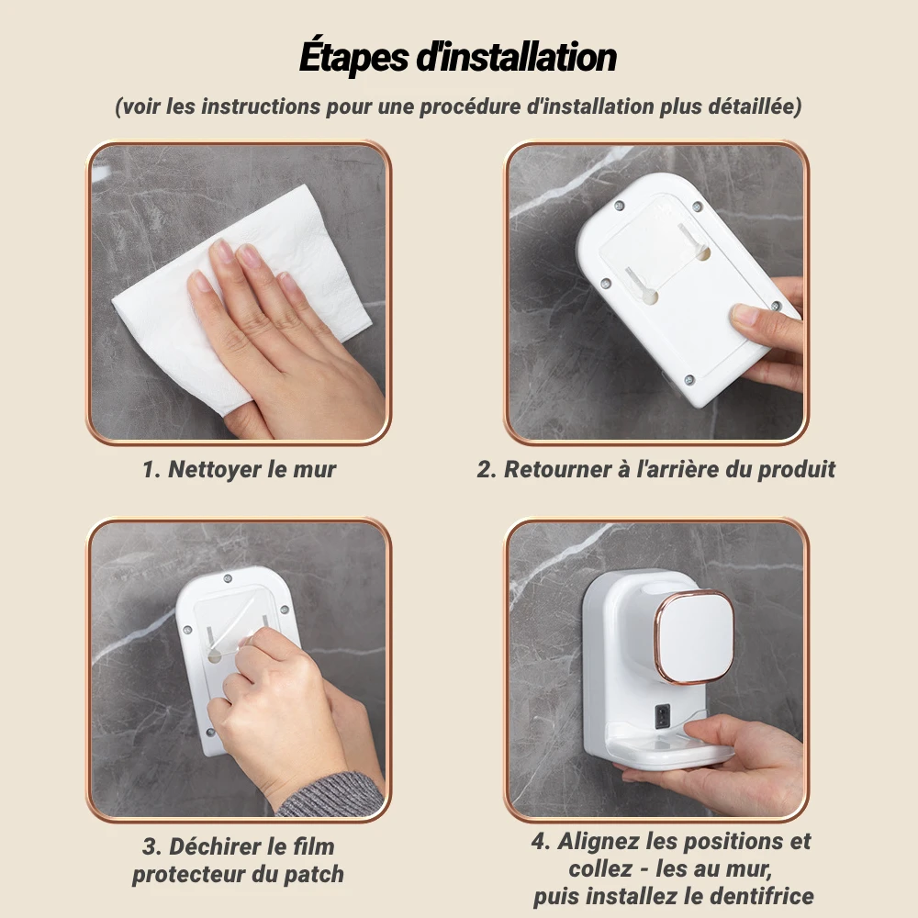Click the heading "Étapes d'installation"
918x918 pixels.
point(458,57)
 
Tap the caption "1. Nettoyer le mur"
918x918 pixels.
point(239,469)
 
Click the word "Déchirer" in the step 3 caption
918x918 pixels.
point(214,846)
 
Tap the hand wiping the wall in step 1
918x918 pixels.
point(281,340)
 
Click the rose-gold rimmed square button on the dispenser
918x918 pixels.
point(694,637)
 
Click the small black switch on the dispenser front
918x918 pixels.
point(662,715)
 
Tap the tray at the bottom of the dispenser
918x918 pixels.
point(667,753)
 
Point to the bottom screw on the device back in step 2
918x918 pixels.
point(689,381)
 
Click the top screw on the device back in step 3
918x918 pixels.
point(228,579)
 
